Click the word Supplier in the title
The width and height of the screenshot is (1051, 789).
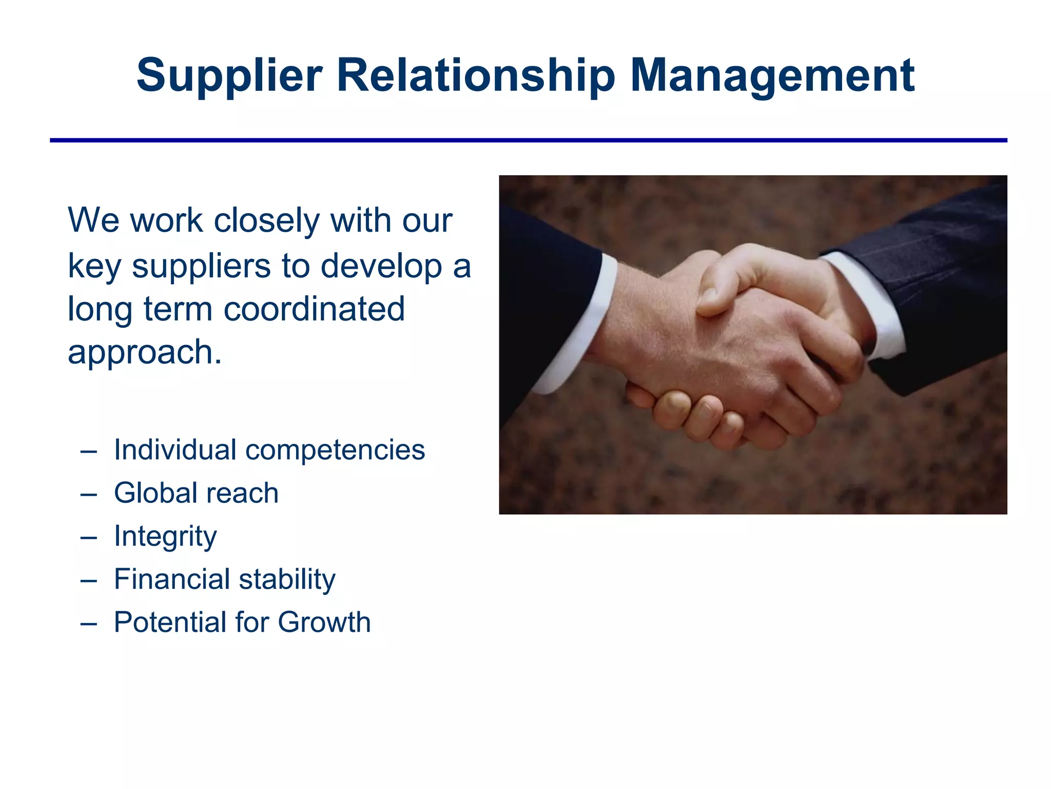click(229, 76)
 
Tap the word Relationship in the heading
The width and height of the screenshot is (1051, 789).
click(476, 76)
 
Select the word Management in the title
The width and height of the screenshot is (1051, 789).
click(772, 76)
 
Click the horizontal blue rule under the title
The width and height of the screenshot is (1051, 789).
click(529, 140)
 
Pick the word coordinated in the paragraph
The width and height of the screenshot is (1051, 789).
click(314, 309)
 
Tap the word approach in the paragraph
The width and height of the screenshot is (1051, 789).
click(141, 353)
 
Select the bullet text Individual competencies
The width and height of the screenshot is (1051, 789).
click(269, 450)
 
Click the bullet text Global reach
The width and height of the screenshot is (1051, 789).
click(196, 493)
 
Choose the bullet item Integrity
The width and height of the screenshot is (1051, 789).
click(165, 536)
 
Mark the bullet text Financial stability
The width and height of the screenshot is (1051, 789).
click(225, 579)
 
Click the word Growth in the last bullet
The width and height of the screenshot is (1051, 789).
click(324, 623)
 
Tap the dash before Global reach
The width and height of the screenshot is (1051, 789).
click(89, 494)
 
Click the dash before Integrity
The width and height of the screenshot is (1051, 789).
click(89, 537)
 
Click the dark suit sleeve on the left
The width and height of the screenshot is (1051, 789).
click(539, 288)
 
